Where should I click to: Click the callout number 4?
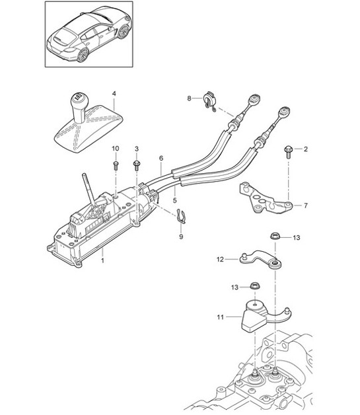click(113, 94)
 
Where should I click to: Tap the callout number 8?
click(189, 98)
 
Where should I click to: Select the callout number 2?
click(306, 150)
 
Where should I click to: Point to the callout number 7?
click(306, 206)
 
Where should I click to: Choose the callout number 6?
click(161, 159)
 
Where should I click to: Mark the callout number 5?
click(174, 199)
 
